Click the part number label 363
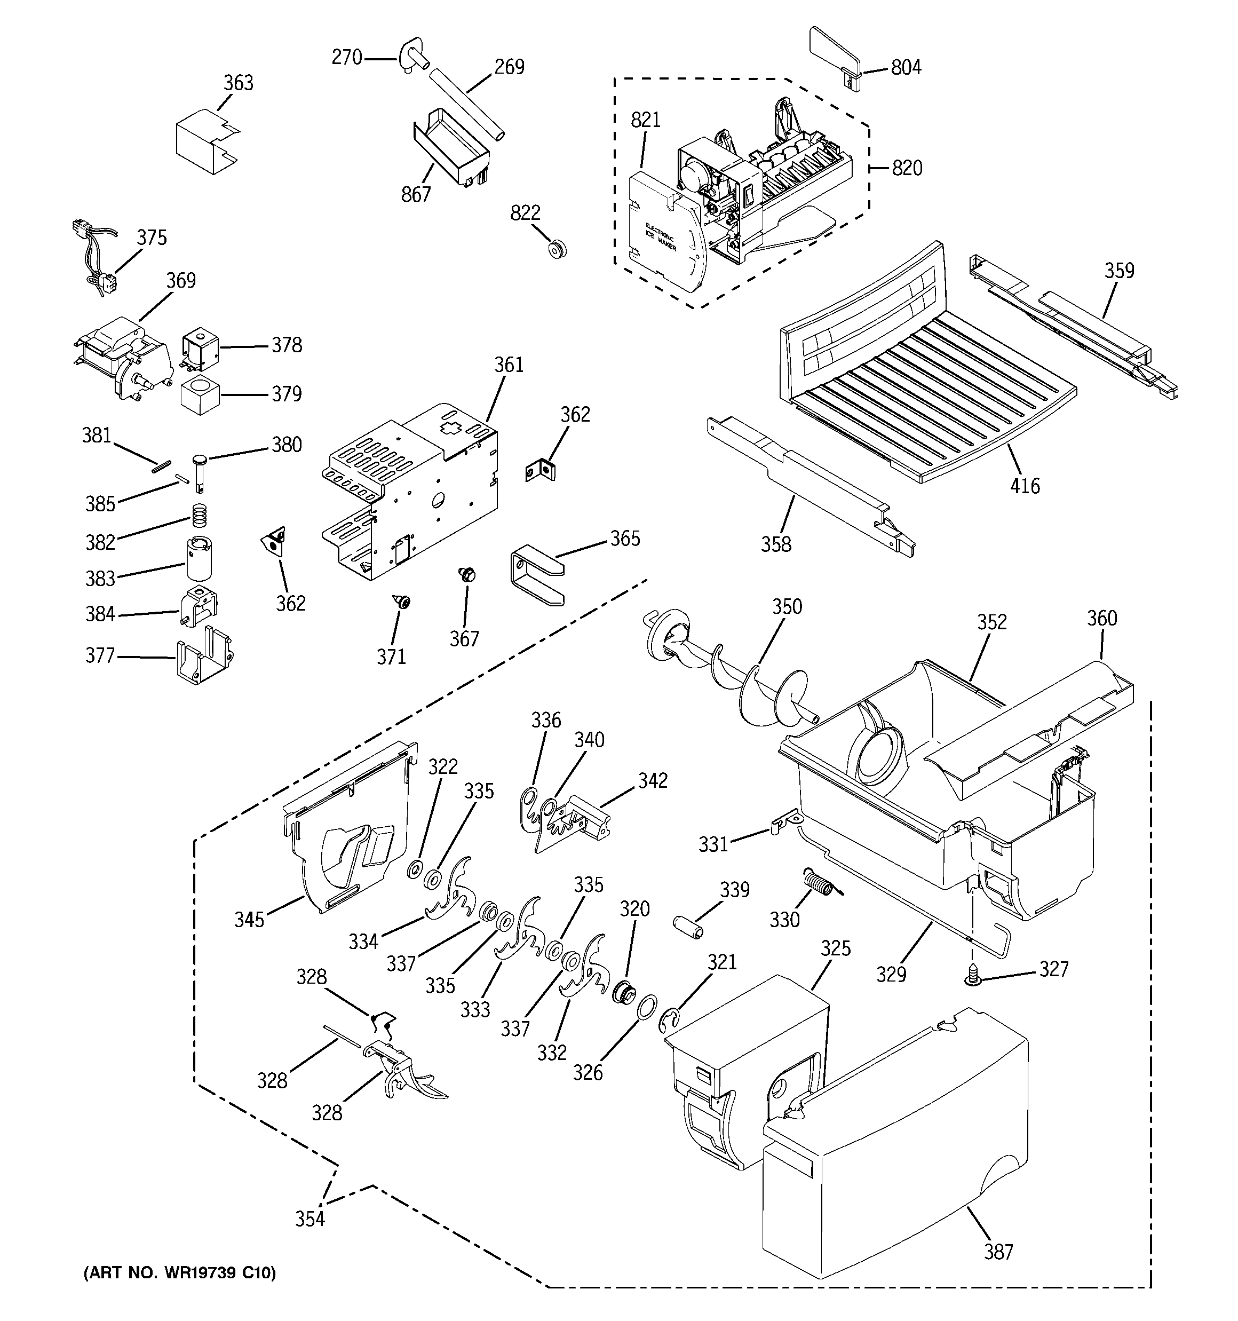238,83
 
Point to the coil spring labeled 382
198,513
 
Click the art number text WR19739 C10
179,1273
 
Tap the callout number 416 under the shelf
1025,486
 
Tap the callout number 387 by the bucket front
998,1253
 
